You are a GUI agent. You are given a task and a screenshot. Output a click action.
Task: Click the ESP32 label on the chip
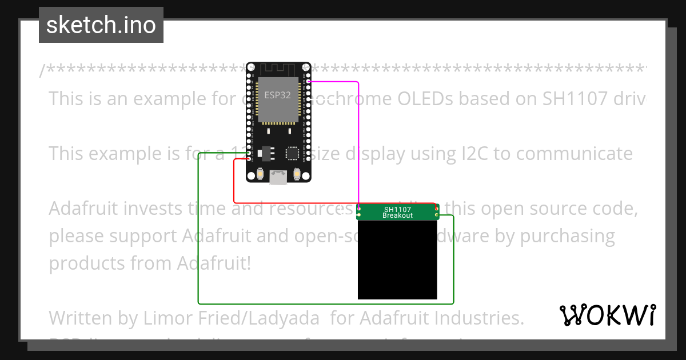pyautogui.click(x=277, y=95)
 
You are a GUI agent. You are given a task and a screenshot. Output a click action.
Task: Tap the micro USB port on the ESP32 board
pyautogui.click(x=278, y=178)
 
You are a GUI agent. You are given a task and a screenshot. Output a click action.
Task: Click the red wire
pyautogui.click(x=234, y=183)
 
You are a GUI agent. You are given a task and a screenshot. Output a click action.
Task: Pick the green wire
pyautogui.click(x=198, y=240)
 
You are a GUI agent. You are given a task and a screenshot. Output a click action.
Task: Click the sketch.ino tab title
pyautogui.click(x=101, y=25)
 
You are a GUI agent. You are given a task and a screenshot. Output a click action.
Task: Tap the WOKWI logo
pyautogui.click(x=607, y=315)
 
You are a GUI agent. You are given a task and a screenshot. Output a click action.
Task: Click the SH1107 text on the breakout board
pyautogui.click(x=397, y=209)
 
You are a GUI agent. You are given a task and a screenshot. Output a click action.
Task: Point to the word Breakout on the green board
pyautogui.click(x=397, y=216)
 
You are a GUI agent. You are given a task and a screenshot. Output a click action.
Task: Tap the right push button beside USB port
pyautogui.click(x=296, y=174)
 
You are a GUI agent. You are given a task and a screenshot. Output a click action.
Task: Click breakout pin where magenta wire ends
pyautogui.click(x=359, y=210)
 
